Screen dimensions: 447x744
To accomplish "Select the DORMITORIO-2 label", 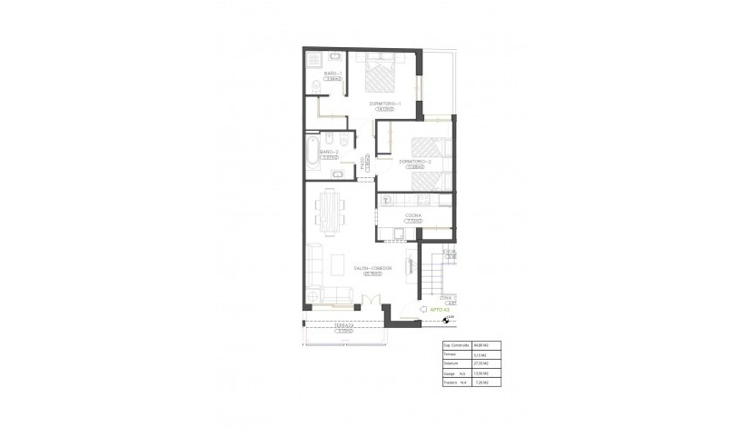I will [x=414, y=162].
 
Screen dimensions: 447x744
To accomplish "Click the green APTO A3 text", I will [x=427, y=310].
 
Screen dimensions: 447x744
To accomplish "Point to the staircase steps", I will [x=437, y=273].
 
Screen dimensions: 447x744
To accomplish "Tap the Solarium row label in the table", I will [x=451, y=363].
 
